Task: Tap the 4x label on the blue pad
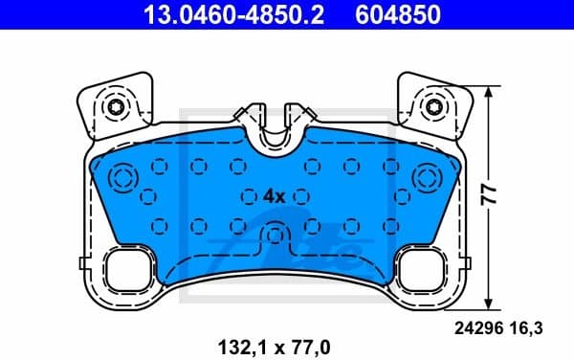(x=274, y=195)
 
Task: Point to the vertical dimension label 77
(x=489, y=194)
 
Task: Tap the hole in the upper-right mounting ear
(x=433, y=106)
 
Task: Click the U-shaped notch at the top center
(x=275, y=134)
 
